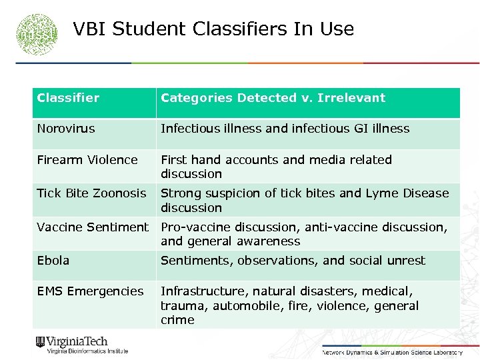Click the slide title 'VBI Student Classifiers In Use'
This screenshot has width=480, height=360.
[213, 29]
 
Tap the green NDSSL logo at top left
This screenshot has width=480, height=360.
[38, 33]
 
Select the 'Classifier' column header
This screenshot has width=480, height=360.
[68, 98]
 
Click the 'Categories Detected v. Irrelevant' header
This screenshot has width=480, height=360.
[273, 98]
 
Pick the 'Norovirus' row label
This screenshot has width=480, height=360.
[66, 129]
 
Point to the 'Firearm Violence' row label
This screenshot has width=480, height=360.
[87, 160]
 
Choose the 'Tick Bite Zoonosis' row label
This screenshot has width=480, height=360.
[91, 193]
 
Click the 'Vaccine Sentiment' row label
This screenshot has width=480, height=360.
[93, 227]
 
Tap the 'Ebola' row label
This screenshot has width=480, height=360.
[53, 260]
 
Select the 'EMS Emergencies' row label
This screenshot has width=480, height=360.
[90, 291]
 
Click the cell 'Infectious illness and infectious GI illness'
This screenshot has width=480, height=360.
[285, 129]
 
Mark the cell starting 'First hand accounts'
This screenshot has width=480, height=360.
[276, 167]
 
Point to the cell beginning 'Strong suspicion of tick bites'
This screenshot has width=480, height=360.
[305, 200]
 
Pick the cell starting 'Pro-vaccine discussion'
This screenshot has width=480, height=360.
[303, 234]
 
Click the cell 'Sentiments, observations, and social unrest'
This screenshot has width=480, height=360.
[293, 260]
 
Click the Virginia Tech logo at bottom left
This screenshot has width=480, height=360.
[81, 345]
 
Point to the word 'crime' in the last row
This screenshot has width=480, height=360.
[177, 320]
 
